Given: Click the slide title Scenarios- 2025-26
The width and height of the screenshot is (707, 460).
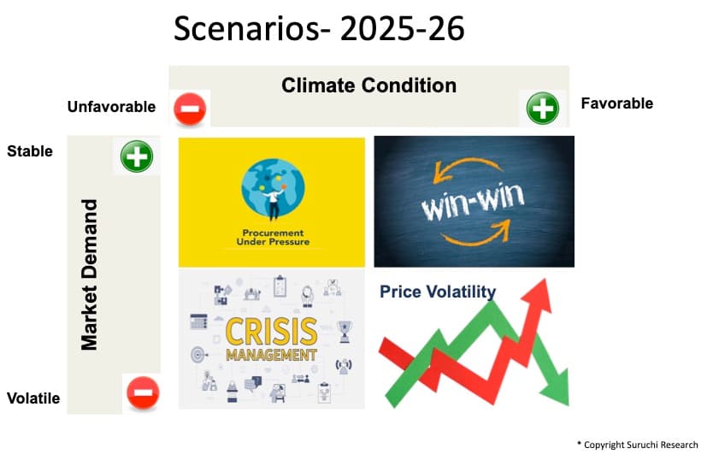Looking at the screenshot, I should (319, 29).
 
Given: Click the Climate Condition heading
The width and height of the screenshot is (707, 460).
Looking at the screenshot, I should (368, 86).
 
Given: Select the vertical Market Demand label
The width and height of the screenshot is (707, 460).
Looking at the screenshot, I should (89, 274).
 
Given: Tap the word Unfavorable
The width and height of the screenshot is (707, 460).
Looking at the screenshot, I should (111, 107).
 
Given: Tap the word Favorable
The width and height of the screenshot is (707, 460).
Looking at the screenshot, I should (616, 103).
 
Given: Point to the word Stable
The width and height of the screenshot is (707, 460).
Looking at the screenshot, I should (30, 151).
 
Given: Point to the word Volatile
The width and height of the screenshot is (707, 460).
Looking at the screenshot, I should (33, 398).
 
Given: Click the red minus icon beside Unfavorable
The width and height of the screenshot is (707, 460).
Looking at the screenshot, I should (189, 109).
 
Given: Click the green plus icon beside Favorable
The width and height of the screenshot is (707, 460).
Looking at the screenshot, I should (542, 109).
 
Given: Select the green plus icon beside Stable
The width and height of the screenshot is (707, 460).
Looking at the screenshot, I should (136, 157).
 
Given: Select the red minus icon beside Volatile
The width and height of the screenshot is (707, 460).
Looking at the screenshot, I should (142, 392).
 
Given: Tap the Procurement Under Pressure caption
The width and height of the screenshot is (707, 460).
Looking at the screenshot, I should (272, 236).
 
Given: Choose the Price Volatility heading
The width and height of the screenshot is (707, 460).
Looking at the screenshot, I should (437, 292).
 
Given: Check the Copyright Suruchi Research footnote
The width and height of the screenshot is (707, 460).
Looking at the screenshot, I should (639, 445).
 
